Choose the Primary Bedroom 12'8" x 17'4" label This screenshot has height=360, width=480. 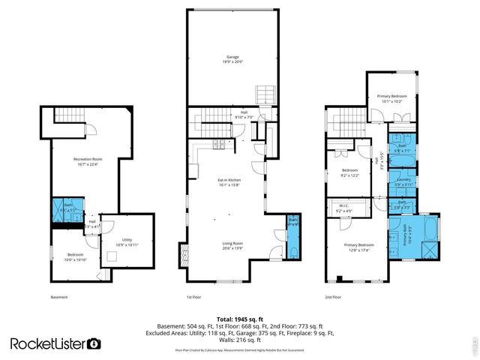pyautogui.click(x=358, y=247)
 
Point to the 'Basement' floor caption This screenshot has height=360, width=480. pyautogui.click(x=59, y=298)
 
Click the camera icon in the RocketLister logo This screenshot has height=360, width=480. pyautogui.click(x=95, y=343)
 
